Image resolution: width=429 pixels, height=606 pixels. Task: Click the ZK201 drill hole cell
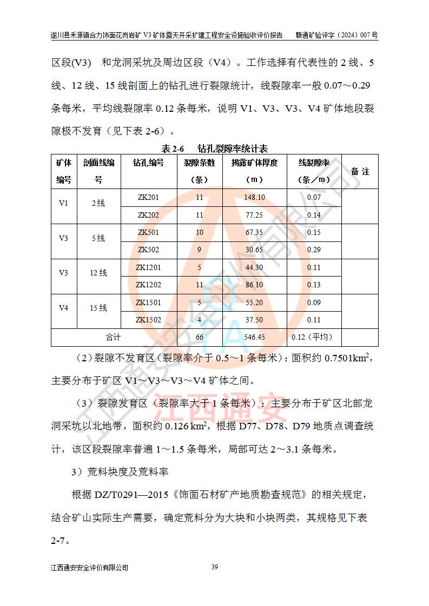click(148, 197)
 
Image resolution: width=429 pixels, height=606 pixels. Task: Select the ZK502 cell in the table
click(148, 250)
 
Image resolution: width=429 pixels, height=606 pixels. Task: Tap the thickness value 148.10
click(254, 197)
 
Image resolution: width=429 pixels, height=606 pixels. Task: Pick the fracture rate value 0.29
click(314, 250)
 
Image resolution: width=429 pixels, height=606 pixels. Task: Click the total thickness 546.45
click(254, 337)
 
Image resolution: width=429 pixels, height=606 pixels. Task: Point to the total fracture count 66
click(199, 337)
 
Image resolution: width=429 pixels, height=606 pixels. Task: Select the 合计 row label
click(113, 337)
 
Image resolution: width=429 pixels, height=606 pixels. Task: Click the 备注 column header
click(360, 171)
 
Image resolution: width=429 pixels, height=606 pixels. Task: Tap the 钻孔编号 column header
click(148, 163)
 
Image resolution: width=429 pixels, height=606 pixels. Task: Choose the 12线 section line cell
click(98, 273)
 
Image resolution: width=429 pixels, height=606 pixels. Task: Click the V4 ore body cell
click(64, 308)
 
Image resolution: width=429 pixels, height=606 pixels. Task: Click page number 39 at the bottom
click(214, 567)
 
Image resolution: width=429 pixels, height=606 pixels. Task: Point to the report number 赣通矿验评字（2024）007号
click(336, 35)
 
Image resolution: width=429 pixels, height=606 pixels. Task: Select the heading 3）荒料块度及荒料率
click(120, 473)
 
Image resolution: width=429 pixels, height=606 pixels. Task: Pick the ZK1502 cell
click(148, 320)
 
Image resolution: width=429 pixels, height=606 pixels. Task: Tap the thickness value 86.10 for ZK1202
click(254, 285)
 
